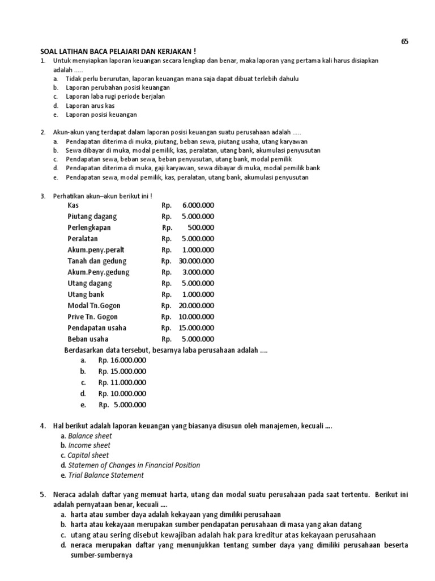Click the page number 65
click(x=404, y=41)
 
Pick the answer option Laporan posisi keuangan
click(x=101, y=115)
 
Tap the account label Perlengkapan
click(x=89, y=228)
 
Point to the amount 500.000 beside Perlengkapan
click(x=202, y=228)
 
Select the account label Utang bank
click(x=86, y=294)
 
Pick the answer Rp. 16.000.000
click(x=122, y=360)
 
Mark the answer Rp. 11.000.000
click(x=122, y=382)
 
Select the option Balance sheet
click(x=90, y=436)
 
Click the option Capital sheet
click(x=88, y=455)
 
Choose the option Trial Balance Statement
click(x=106, y=475)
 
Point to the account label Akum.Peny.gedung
click(x=98, y=272)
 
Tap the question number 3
click(x=42, y=196)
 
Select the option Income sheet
click(x=89, y=445)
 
